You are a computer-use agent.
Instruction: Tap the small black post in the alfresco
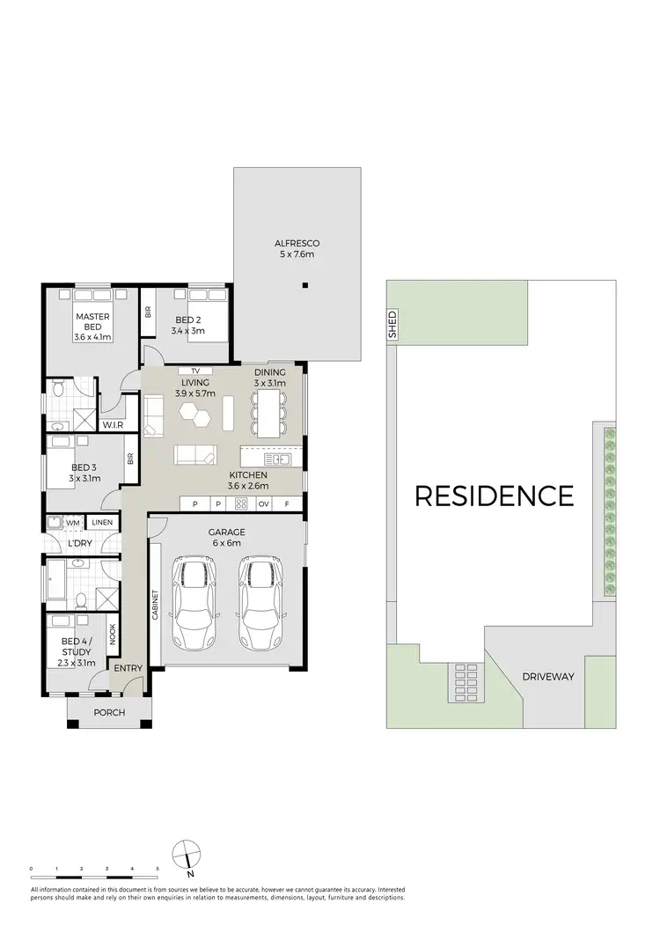[x=304, y=284]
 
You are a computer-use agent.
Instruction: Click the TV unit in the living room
[x=195, y=371]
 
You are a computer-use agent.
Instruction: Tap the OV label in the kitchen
[x=263, y=504]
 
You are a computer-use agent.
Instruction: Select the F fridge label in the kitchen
[x=288, y=504]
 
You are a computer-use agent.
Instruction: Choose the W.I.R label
[x=112, y=425]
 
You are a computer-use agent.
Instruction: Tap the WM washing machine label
[x=72, y=523]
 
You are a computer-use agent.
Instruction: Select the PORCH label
[x=109, y=712]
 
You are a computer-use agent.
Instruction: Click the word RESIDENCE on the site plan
[x=494, y=496]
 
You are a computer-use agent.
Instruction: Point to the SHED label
[x=392, y=323]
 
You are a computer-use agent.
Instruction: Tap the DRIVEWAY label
[x=547, y=677]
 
